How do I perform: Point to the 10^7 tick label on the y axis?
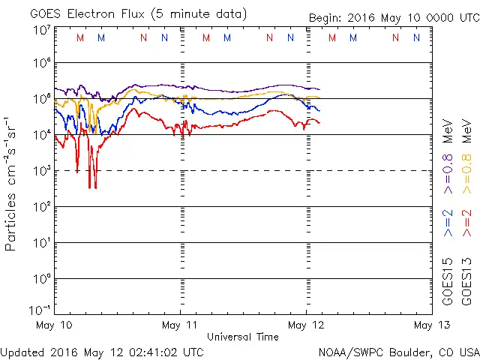[40, 31]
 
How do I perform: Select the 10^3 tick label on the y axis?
[40, 170]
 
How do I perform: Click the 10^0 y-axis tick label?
[40, 278]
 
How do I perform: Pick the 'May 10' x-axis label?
[55, 325]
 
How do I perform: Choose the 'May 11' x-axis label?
[181, 325]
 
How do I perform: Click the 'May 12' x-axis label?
[307, 325]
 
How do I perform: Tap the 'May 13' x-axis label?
[432, 325]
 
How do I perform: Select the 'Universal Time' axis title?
[243, 337]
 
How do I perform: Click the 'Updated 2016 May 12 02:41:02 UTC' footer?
[102, 351]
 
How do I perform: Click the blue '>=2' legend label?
[447, 223]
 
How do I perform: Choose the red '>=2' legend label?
[467, 223]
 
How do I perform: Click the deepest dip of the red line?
[90, 187]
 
